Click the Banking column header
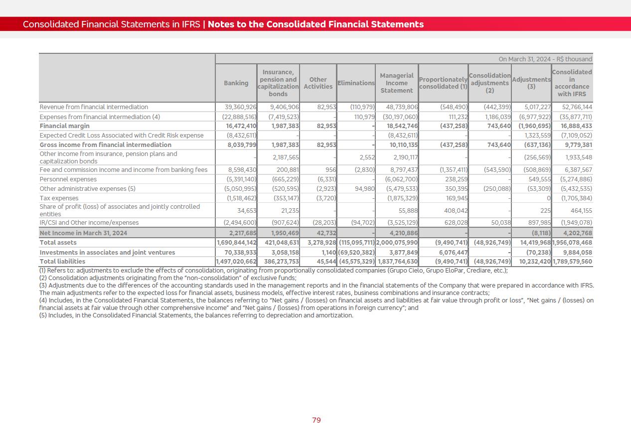coord(236,83)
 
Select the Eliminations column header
coord(356,83)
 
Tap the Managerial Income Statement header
coord(397,83)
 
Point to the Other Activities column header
coord(318,83)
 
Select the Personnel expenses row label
coord(68,179)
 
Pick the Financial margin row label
coord(65,126)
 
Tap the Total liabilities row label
coord(62,262)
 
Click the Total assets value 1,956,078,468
coord(572,243)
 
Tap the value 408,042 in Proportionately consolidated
coord(454,211)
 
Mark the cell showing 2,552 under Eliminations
coord(366,157)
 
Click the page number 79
coord(316,421)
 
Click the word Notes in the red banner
coord(220,24)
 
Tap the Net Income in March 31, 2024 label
coord(83,233)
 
